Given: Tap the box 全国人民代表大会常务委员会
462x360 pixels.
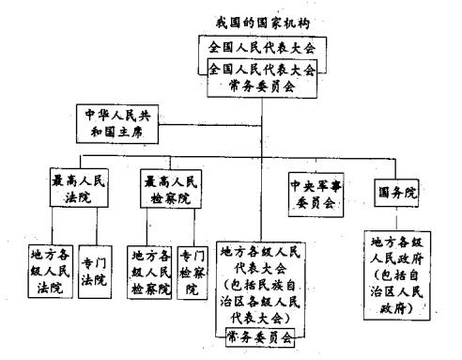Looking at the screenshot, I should pyautogui.click(x=262, y=76).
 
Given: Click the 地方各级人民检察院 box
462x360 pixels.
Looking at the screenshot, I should pyautogui.click(x=150, y=271).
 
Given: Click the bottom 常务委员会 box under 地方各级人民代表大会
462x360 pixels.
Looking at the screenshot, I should pyautogui.click(x=262, y=335).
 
